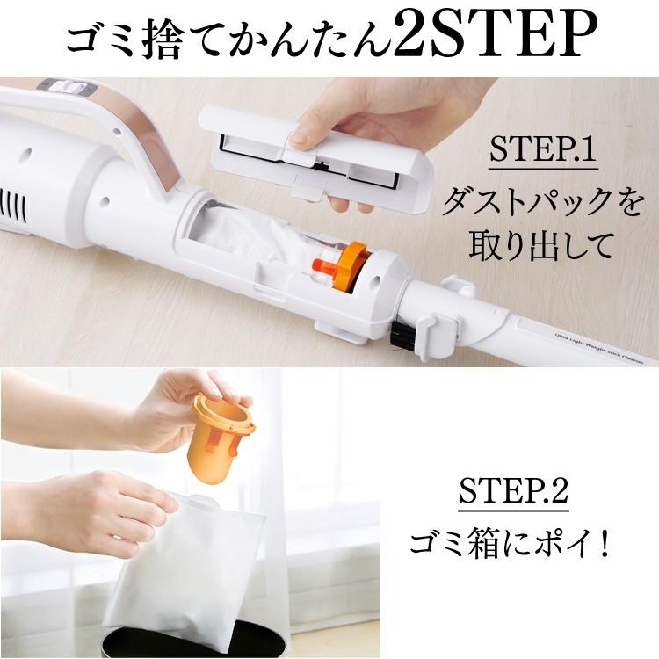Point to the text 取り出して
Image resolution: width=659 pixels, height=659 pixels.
539,246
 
